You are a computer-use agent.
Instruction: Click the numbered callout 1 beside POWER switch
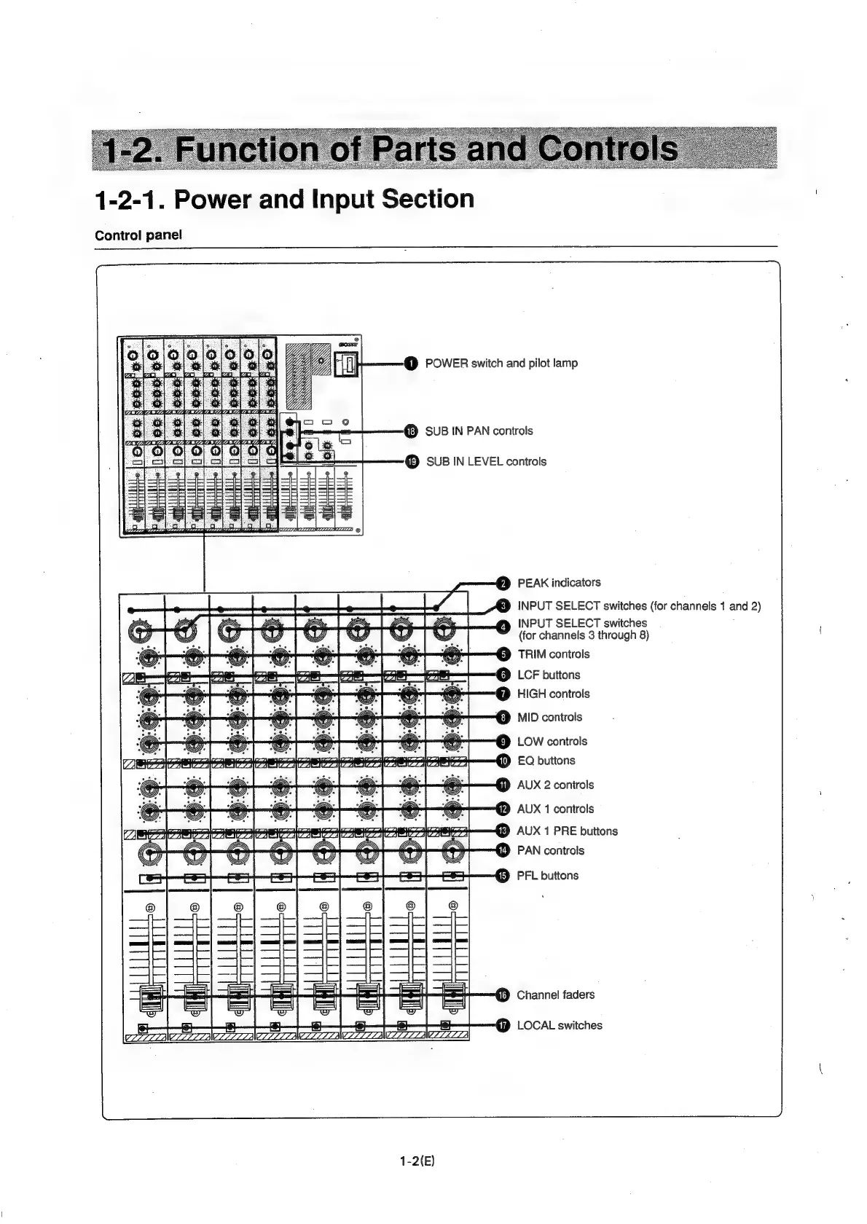pyautogui.click(x=411, y=364)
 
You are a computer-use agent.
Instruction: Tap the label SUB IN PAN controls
pyautogui.click(x=479, y=431)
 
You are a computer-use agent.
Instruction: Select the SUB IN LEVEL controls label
pyautogui.click(x=486, y=462)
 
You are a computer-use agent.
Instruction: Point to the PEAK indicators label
pyautogui.click(x=559, y=583)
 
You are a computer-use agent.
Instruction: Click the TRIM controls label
pyautogui.click(x=554, y=654)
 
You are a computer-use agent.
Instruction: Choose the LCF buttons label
pyautogui.click(x=549, y=675)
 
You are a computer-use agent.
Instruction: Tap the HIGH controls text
pyautogui.click(x=553, y=694)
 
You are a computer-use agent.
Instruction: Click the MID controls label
pyautogui.click(x=549, y=718)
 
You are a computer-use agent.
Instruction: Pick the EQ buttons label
pyautogui.click(x=546, y=761)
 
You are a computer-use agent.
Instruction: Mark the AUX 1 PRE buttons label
pyautogui.click(x=567, y=831)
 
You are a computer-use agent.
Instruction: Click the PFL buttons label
pyautogui.click(x=547, y=876)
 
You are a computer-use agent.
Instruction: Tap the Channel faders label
pyautogui.click(x=555, y=995)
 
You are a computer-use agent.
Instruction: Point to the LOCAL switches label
pyautogui.click(x=560, y=1026)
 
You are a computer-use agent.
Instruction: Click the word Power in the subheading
pyautogui.click(x=212, y=199)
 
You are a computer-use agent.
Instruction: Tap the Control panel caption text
pyautogui.click(x=138, y=235)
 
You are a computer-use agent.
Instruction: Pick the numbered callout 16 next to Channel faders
pyautogui.click(x=503, y=996)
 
